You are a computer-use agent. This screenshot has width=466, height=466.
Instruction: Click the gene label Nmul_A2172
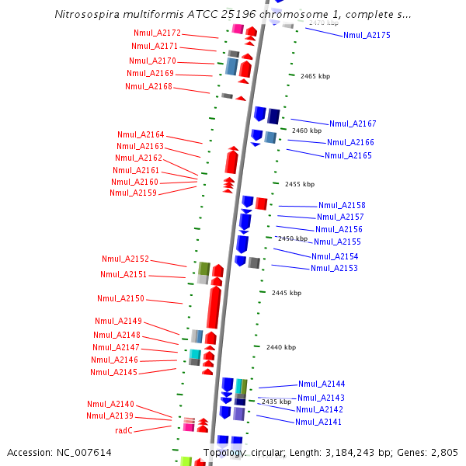[x=157, y=33]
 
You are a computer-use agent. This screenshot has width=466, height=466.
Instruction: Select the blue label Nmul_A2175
[x=367, y=35]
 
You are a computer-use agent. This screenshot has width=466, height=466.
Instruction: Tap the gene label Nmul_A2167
[x=353, y=123]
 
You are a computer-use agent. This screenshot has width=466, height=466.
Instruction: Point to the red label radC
[x=124, y=429]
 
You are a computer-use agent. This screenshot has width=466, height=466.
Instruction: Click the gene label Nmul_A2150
[x=120, y=298]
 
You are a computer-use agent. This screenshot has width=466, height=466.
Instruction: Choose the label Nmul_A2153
[x=334, y=268]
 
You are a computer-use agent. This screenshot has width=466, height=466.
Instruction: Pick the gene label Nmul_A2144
[x=322, y=384]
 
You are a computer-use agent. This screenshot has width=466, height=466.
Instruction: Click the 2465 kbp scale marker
[x=315, y=76]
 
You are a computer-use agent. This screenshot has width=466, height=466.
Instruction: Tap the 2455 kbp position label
[x=300, y=184]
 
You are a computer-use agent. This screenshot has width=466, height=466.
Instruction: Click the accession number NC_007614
[x=85, y=452]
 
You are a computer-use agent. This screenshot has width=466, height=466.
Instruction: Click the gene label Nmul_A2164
[x=141, y=134]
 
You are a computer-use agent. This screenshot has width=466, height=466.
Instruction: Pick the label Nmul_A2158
[x=342, y=205]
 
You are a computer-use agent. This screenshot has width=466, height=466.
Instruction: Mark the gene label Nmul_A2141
[x=318, y=422]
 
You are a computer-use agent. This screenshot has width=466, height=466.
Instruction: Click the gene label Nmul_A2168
[x=148, y=86]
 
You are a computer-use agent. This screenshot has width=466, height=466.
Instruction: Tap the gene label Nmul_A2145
[x=113, y=372]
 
